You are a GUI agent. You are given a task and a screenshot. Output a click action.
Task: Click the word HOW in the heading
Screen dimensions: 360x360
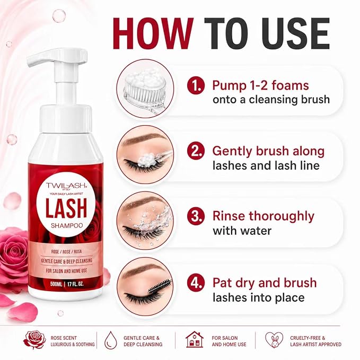[x=153, y=33]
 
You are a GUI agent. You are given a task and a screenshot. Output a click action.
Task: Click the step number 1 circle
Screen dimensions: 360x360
[x=196, y=86]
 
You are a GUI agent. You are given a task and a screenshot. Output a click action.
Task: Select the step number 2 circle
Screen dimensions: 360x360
[x=196, y=151]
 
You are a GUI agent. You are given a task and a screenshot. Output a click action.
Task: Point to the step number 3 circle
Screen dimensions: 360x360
[x=196, y=216]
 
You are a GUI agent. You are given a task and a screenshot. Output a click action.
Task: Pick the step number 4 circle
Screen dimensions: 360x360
[x=196, y=283]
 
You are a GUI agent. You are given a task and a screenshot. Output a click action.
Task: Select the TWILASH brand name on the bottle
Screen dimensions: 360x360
[x=66, y=186]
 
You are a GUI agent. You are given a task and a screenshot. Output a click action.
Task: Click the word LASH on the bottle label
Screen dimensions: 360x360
[x=66, y=208]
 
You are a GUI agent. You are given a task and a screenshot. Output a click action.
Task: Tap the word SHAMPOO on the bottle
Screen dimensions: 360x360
[x=67, y=226]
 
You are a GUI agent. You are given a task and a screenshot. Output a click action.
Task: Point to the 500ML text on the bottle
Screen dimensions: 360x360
[x=56, y=284]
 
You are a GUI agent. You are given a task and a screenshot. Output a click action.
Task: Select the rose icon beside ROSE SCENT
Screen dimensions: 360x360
[x=34, y=339]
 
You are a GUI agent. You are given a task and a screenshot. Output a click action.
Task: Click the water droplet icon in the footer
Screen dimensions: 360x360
[x=111, y=341]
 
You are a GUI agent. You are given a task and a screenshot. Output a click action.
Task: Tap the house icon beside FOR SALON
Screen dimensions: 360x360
[x=195, y=339]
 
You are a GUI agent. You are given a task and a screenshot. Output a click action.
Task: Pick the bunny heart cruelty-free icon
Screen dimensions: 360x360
[x=274, y=340]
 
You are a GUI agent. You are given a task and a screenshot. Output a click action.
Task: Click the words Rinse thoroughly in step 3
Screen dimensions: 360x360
[x=264, y=216]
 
